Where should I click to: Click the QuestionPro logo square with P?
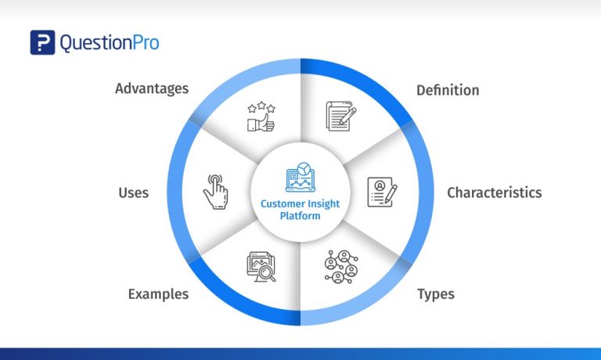[42, 42]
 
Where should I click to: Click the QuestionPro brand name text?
[109, 42]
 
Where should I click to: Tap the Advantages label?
[152, 88]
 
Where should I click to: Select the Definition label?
[448, 90]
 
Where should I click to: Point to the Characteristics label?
[494, 193]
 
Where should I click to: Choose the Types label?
[436, 294]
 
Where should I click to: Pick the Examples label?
[158, 294]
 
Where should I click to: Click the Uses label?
[133, 193]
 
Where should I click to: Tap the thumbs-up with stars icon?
[260, 116]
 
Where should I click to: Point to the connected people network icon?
[341, 266]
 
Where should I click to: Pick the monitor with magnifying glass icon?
[261, 266]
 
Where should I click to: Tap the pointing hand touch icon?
[216, 191]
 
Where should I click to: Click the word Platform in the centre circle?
[300, 216]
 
